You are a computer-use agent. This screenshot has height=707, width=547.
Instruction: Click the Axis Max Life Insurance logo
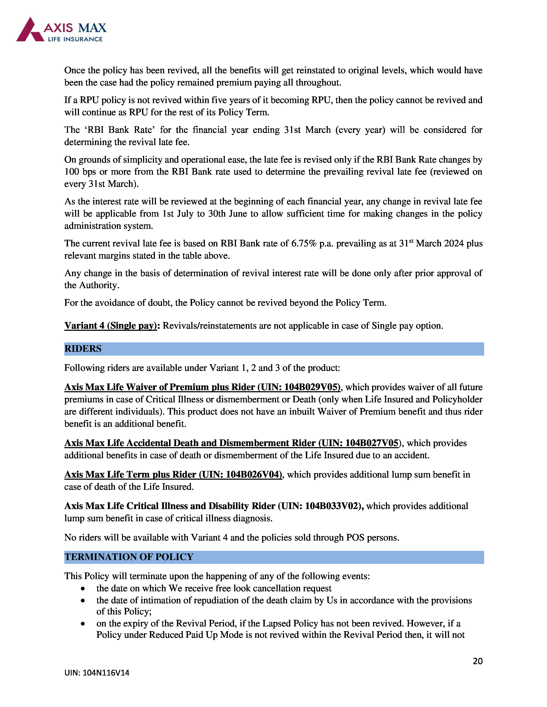[x=61, y=30]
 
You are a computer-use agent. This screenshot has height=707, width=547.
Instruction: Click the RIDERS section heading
[x=83, y=349]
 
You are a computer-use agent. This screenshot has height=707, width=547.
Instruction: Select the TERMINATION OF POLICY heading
[x=129, y=557]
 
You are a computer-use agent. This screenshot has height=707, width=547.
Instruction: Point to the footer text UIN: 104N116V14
[x=97, y=673]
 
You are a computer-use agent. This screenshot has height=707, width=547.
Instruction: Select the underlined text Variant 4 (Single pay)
[x=110, y=326]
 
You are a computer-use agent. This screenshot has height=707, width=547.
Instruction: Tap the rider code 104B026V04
[x=253, y=475]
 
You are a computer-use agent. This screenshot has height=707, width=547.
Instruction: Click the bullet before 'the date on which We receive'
[x=83, y=589]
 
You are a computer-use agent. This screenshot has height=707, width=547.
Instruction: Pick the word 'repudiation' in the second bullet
[x=223, y=601]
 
